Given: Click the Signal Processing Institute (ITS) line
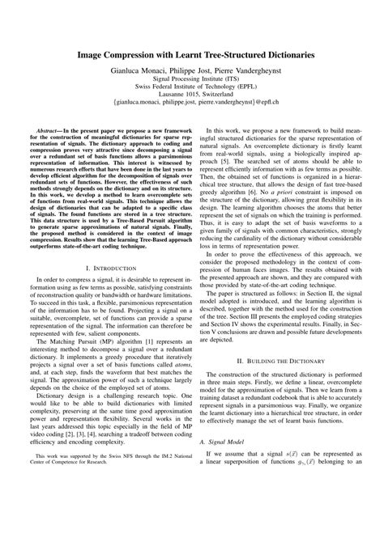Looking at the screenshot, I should [192, 82].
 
